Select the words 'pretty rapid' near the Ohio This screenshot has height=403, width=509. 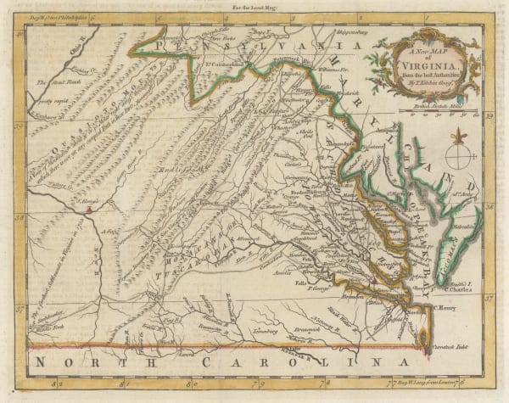pyautogui.click(x=53, y=98)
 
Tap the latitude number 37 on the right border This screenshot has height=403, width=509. pyautogui.click(x=489, y=299)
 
